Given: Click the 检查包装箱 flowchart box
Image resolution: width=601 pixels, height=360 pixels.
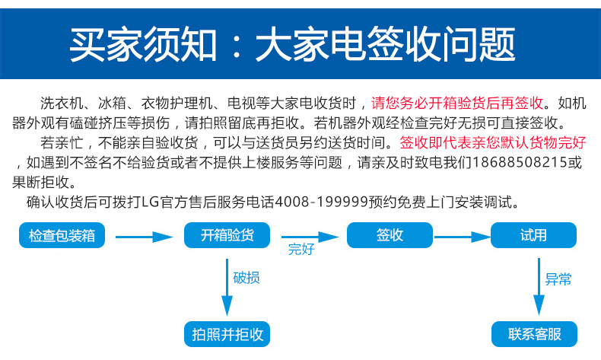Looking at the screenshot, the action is pos(62,235).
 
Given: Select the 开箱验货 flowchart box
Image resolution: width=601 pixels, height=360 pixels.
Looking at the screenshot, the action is pos(227,235).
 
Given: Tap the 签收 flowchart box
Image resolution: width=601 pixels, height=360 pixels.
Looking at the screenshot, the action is pos(390,235).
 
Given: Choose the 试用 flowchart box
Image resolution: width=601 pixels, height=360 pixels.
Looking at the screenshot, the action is pos(533,235).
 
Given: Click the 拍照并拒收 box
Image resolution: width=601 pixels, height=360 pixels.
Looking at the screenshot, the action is pos(227,334).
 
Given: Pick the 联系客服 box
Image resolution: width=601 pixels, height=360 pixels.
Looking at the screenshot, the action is pos(534,334).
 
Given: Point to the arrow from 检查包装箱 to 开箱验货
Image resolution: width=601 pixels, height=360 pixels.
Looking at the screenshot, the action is pos(144,237).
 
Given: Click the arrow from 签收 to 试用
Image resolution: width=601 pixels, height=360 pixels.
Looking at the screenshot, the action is pos(463,237).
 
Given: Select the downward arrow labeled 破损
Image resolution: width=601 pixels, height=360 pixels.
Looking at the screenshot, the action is pos(227,287).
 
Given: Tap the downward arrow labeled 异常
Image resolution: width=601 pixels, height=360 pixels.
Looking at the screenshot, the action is pos(539,286).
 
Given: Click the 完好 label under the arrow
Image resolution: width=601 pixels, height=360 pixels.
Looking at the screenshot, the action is pos(301,249).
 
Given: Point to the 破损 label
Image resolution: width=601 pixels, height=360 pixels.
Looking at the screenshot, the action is pos(246,278).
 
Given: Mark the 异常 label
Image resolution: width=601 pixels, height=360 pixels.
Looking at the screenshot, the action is pos(558,279).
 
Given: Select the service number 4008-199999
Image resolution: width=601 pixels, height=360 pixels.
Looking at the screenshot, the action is pos(322,202).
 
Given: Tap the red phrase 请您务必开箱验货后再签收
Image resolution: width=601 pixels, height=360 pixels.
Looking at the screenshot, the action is pos(457,103).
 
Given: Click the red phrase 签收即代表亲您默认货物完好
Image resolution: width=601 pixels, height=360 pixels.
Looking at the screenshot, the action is pos(493,142).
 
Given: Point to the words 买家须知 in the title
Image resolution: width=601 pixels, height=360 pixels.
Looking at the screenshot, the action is pos(143,44).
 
